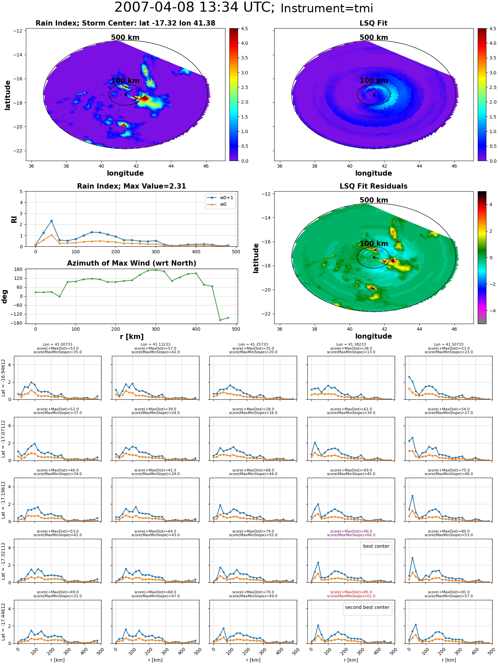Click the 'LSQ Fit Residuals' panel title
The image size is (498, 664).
(x=373, y=186)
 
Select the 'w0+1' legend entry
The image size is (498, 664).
(x=220, y=198)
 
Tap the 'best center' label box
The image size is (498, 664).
(x=376, y=546)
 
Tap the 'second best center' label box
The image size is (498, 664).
(x=367, y=607)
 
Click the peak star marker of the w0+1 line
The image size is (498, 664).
(x=51, y=221)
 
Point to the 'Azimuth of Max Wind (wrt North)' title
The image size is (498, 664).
(x=131, y=263)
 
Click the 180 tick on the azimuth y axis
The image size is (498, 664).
(x=19, y=269)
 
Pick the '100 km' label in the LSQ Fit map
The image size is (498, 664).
(x=374, y=81)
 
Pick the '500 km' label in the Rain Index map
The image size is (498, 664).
(x=125, y=38)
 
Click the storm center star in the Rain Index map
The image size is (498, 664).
(x=125, y=95)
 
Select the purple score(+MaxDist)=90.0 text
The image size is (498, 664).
(x=351, y=532)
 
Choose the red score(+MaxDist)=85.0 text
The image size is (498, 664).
(x=351, y=592)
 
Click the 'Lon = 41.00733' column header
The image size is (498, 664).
(x=57, y=345)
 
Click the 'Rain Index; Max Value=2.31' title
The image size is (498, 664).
(x=131, y=186)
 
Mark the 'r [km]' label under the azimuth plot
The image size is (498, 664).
(x=132, y=337)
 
